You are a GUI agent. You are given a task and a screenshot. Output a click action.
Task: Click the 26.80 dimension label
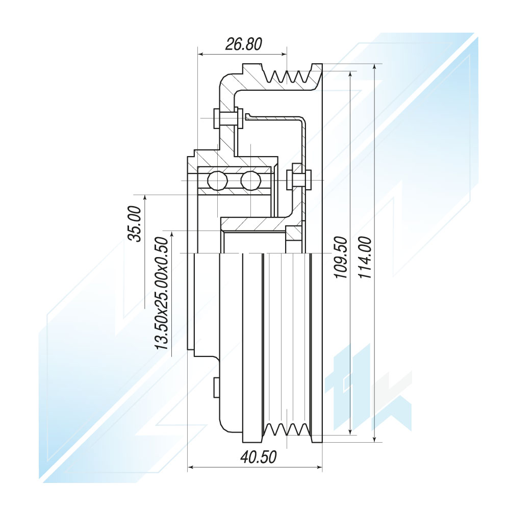244,44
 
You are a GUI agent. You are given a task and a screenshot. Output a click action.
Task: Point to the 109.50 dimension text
341,257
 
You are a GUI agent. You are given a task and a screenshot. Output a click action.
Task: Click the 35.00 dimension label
135,223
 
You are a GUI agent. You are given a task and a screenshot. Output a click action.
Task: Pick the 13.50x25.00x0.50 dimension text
162,293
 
